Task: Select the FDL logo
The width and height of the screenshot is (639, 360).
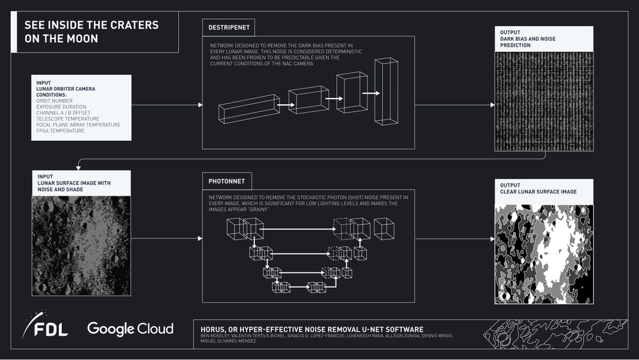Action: [x=45, y=325]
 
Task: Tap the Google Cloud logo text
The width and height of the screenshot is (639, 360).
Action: [x=130, y=329]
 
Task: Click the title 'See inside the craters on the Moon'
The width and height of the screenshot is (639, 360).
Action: [x=91, y=31]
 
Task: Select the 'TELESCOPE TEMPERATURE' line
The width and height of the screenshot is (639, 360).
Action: [x=68, y=118]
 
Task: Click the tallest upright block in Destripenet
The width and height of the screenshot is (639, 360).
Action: [x=386, y=91]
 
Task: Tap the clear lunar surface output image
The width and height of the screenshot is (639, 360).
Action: [x=544, y=254]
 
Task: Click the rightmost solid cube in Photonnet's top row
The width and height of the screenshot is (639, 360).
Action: [x=383, y=228]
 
